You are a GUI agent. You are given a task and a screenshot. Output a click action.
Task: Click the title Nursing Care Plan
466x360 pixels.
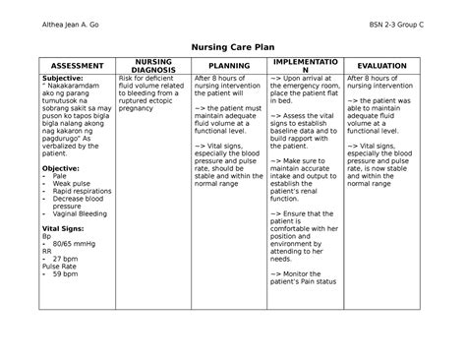tap(233, 45)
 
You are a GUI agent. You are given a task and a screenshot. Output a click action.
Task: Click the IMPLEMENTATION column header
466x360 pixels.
tap(305, 65)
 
